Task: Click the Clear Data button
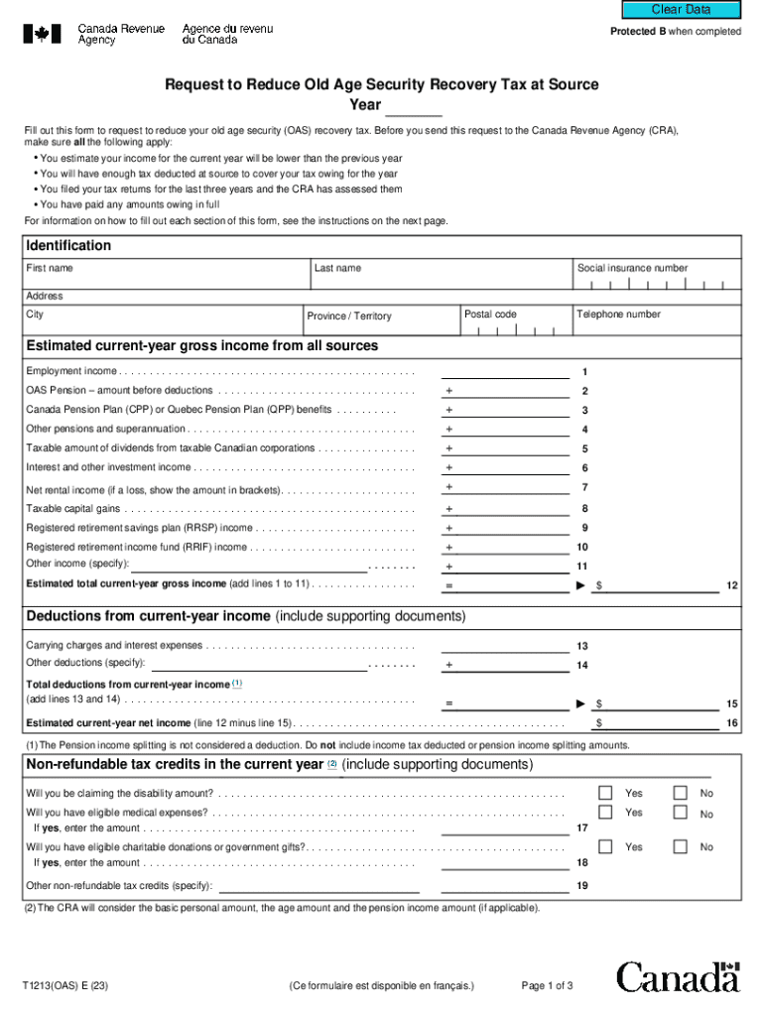(x=681, y=10)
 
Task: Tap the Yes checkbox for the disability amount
(x=605, y=793)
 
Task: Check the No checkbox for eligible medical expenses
(x=680, y=813)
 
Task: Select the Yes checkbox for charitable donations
(x=605, y=847)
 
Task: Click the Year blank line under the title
(x=413, y=106)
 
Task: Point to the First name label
(x=50, y=268)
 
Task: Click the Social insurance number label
(x=632, y=268)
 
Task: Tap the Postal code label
(x=490, y=315)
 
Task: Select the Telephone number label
(x=618, y=315)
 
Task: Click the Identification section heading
(x=68, y=245)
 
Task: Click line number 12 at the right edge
(x=731, y=585)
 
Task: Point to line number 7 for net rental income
(x=585, y=487)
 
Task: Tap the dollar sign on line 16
(x=599, y=723)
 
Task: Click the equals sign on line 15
(x=448, y=703)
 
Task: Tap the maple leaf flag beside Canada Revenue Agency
(x=42, y=34)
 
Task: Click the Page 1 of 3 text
(x=547, y=986)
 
